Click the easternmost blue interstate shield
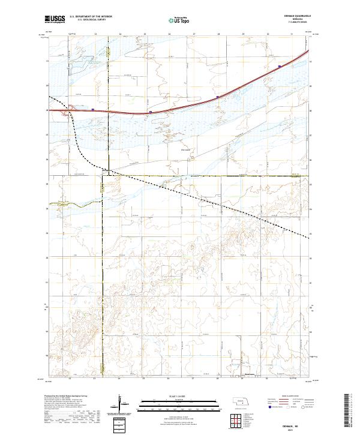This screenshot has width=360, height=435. tap(280, 67)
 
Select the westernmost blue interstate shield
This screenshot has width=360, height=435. tap(93, 109)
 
